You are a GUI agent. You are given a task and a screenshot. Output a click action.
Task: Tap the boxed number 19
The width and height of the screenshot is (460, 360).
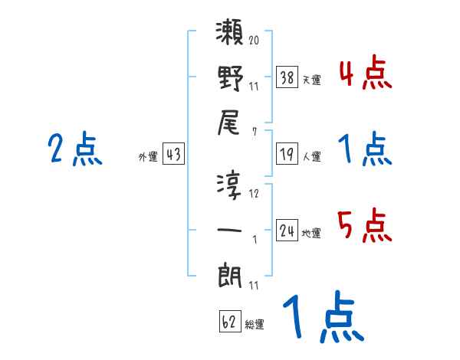287,154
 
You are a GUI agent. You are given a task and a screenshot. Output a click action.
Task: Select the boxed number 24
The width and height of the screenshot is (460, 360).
287,231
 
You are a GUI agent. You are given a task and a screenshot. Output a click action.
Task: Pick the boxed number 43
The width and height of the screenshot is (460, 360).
173,154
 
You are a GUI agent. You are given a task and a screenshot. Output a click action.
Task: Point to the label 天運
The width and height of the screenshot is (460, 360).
311,79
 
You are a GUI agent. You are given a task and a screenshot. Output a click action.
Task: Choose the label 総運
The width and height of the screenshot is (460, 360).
255,325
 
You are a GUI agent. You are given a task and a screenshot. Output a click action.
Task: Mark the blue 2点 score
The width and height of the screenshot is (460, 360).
75,149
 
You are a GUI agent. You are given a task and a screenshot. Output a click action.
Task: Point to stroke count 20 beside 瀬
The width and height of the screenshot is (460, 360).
254,39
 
